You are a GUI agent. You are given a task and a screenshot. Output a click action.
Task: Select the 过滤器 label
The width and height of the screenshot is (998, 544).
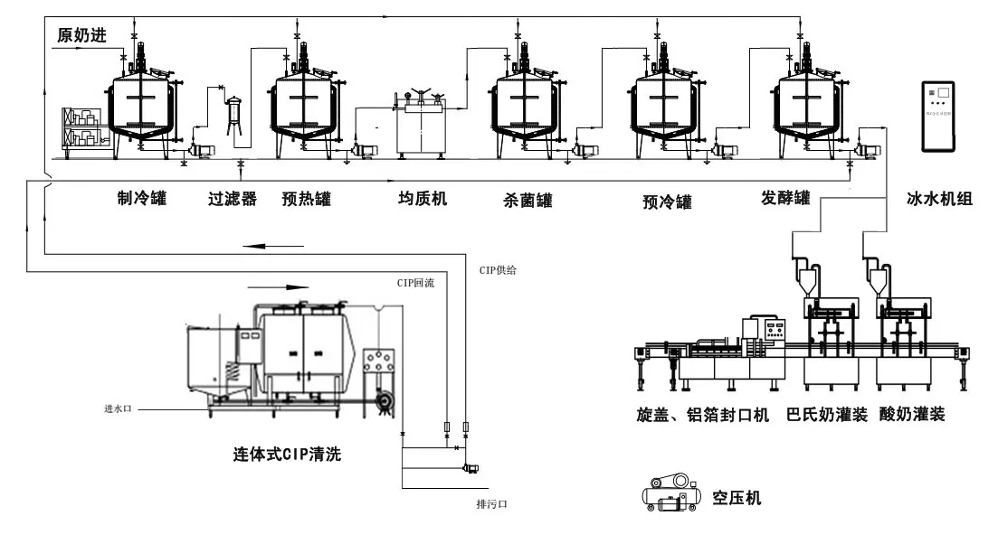coord(233,198)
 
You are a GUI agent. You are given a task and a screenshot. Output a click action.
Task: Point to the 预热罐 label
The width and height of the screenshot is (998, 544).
coord(304,198)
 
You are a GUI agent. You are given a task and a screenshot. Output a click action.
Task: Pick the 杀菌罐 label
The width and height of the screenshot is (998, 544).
coord(528,199)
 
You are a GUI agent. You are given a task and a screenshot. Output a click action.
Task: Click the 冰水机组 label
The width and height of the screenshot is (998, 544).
coord(939,199)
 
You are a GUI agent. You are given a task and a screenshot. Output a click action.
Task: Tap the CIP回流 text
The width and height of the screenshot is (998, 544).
coord(415,283)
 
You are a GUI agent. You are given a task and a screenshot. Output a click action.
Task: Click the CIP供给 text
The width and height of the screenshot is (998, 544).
coord(499,269)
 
